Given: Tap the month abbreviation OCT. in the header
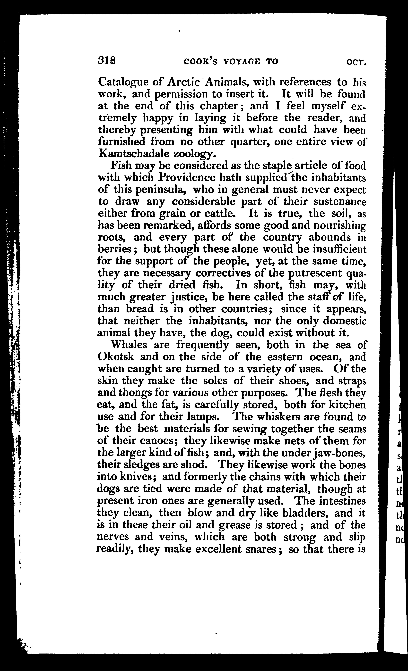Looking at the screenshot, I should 356,62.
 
